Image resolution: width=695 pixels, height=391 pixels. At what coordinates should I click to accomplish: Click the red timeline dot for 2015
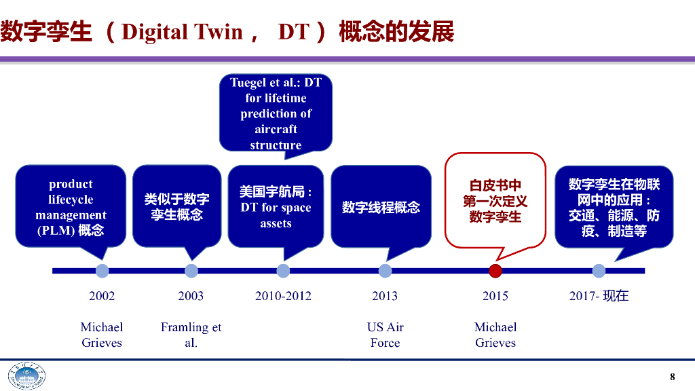pos(495,271)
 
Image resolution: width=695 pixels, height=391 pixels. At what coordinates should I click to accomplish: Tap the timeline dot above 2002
pos(102,271)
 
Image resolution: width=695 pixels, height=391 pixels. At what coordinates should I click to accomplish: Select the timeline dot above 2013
pos(385,271)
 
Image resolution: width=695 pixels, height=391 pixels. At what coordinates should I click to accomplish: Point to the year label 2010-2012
pos(283,296)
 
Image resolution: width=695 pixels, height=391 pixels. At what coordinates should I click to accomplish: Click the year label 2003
pos(191,296)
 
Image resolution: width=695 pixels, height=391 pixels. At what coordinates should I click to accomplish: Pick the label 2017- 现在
pos(599,296)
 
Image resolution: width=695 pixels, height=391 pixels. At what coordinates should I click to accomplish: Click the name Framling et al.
pos(191,335)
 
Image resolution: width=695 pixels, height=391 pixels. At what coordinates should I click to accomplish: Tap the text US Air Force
pos(385,335)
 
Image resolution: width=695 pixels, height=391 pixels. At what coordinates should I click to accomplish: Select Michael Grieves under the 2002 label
pos(102,335)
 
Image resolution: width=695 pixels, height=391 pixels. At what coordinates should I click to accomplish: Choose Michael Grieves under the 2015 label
pos(495,335)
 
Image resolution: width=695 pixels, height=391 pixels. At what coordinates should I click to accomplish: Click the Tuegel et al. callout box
pos(276,113)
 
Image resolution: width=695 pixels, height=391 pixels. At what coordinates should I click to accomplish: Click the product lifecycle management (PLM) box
pos(71,206)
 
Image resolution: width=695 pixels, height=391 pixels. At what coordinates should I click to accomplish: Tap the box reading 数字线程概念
pos(381,206)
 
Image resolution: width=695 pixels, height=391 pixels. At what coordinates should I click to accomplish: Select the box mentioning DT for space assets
pos(276,206)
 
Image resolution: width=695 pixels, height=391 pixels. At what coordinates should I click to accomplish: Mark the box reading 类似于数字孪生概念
pos(176,206)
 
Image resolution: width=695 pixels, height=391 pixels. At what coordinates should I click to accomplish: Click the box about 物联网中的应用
pos(614,206)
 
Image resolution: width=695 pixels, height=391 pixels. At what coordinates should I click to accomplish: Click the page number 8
pos(673,377)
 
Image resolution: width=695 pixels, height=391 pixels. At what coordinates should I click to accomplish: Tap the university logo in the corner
pos(26,377)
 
